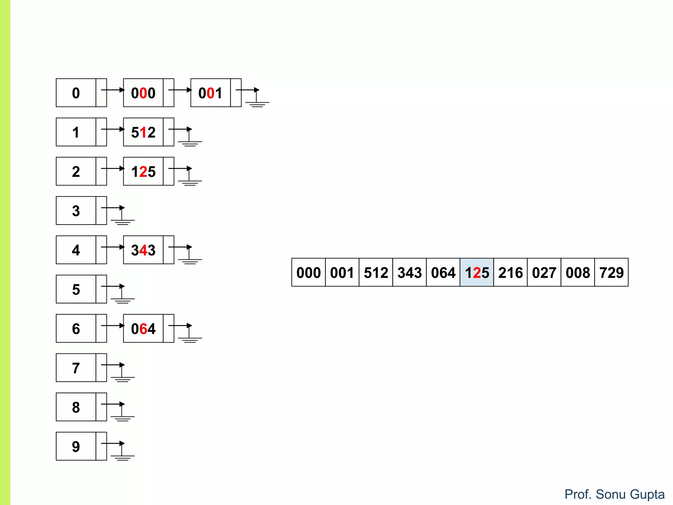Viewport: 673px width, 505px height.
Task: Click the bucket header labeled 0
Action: click(x=76, y=93)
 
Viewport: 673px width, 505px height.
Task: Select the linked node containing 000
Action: click(x=143, y=93)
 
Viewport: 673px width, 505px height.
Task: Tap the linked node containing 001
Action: click(x=211, y=93)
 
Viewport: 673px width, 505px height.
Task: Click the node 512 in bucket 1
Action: click(x=143, y=132)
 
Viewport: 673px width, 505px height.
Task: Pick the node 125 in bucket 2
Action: click(x=143, y=171)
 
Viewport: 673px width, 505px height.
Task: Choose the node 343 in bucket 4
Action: click(x=143, y=250)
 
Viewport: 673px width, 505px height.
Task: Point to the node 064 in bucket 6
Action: click(x=143, y=328)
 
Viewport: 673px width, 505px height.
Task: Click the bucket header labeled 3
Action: click(x=76, y=210)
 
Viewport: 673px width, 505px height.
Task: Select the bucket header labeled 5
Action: click(x=76, y=289)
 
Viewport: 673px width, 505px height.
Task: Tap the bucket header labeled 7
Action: click(x=76, y=368)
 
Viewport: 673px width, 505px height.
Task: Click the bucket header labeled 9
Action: click(x=76, y=446)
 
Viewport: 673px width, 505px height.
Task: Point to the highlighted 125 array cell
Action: click(x=477, y=272)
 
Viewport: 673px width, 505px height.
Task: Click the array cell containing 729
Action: click(x=611, y=272)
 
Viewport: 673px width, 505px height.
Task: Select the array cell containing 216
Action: click(x=510, y=272)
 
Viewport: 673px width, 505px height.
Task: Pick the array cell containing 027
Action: click(x=544, y=272)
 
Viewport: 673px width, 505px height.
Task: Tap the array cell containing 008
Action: click(x=578, y=272)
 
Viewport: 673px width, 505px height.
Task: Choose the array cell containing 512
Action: click(x=376, y=272)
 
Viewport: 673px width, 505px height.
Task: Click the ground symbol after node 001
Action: click(x=257, y=102)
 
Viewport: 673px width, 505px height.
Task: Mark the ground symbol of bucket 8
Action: click(x=122, y=416)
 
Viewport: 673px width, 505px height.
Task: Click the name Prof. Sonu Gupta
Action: click(x=614, y=494)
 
